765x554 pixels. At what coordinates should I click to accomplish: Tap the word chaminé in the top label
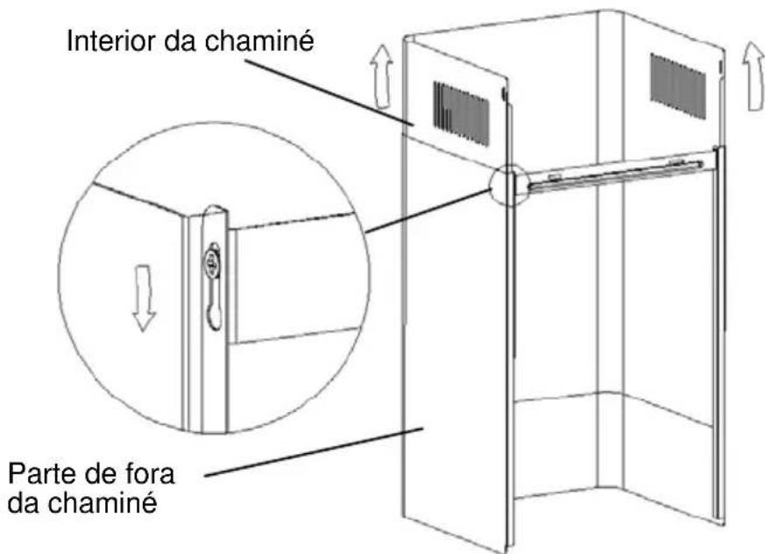[x=259, y=41]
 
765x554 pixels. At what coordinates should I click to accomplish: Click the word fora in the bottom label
[x=148, y=473]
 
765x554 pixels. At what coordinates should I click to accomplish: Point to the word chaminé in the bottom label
[x=103, y=502]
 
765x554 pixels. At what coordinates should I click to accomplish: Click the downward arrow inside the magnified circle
[x=144, y=298]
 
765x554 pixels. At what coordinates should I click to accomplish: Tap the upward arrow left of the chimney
[x=381, y=77]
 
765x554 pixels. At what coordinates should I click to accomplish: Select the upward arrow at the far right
[x=754, y=76]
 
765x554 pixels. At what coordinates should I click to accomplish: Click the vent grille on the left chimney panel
[x=461, y=114]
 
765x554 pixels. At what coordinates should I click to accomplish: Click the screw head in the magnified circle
[x=212, y=262]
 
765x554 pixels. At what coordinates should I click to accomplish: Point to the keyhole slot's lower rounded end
[x=214, y=319]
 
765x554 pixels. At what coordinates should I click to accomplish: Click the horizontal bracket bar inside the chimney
[x=616, y=174]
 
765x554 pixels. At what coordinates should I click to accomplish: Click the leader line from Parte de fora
[x=313, y=452]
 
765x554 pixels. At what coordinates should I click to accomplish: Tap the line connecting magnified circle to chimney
[x=429, y=211]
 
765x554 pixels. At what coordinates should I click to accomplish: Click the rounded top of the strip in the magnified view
[x=216, y=208]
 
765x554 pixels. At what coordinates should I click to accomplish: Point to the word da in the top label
[x=180, y=41]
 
